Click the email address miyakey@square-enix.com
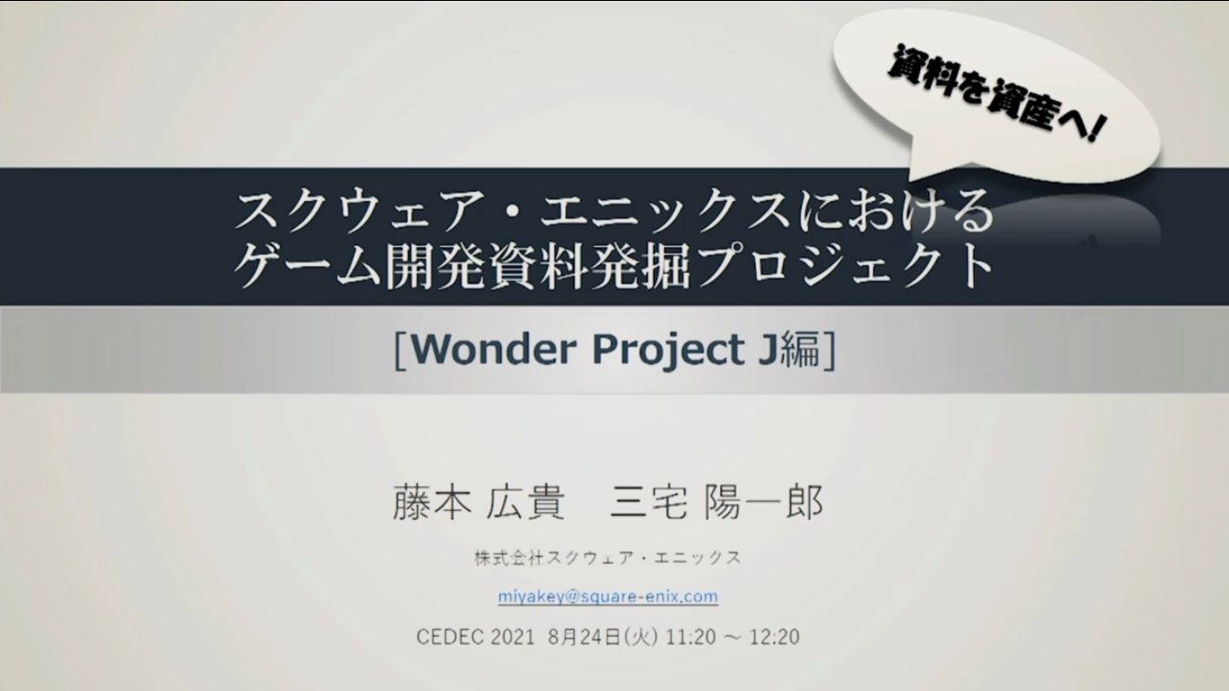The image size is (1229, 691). (608, 596)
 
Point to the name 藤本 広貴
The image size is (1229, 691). (478, 502)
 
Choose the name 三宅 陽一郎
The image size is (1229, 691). (717, 502)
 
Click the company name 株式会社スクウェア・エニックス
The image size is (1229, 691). (608, 558)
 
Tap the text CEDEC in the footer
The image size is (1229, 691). (451, 637)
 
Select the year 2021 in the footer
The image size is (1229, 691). (512, 637)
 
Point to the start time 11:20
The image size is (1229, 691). (691, 637)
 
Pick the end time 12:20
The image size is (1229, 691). (775, 637)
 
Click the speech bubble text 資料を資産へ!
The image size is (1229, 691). (996, 94)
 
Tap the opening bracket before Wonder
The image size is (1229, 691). (400, 350)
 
